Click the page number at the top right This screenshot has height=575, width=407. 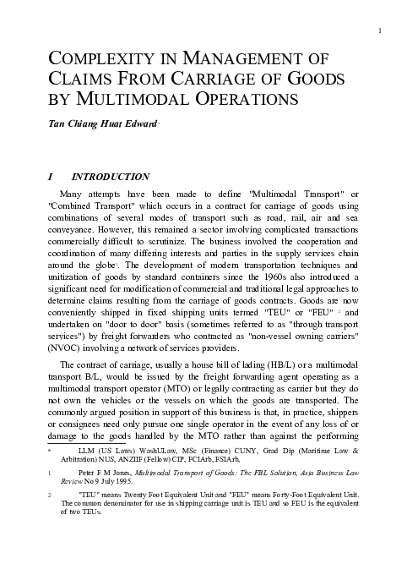tap(381, 31)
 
